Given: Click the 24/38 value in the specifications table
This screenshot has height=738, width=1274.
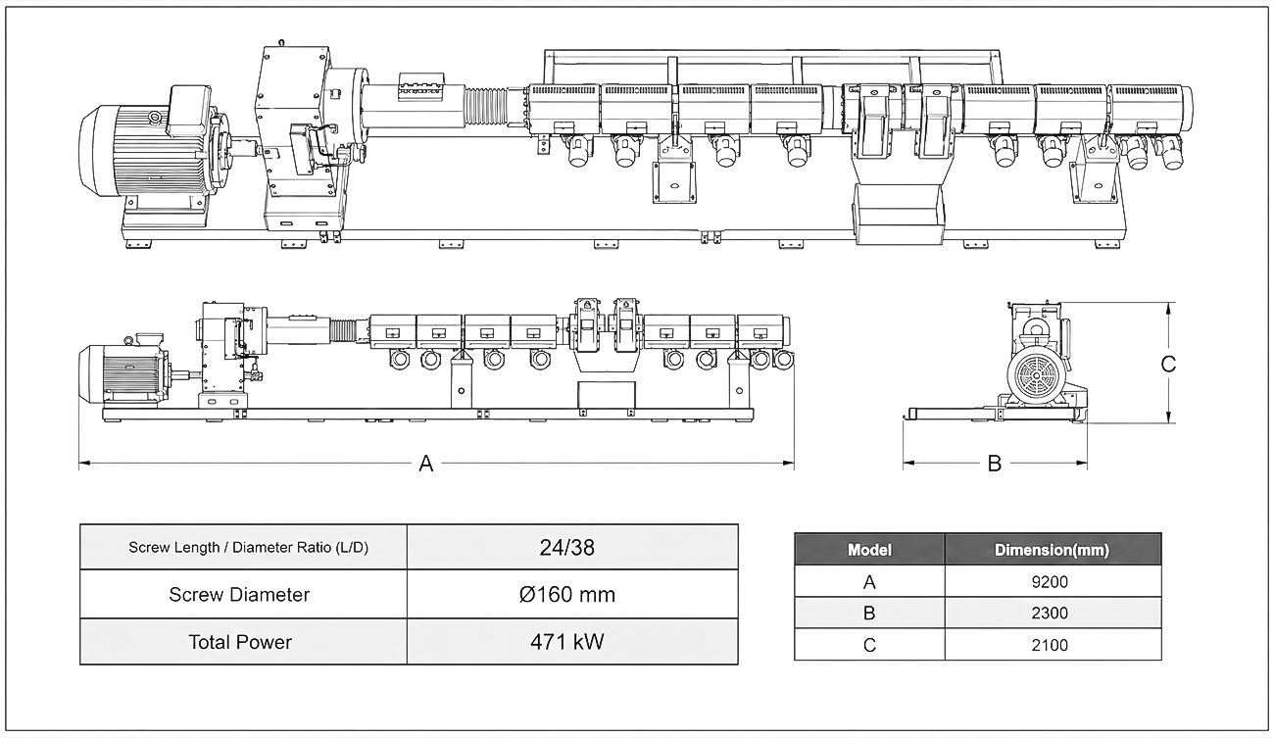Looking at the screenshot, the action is coord(567,548).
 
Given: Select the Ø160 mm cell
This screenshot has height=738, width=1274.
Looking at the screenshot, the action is coord(567,595).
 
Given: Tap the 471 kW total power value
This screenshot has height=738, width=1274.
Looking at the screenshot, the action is coord(567,642).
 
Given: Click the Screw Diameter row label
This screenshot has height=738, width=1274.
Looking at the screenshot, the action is coord(239,595).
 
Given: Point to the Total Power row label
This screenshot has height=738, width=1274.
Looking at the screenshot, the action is coord(240,642).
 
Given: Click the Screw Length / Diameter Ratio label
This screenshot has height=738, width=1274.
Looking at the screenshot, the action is coord(249,548).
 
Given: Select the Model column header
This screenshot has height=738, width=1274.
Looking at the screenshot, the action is coord(869,550).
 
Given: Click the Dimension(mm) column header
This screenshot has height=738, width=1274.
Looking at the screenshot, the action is coord(1052,550).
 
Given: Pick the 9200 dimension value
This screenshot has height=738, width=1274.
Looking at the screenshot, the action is coord(1050,582).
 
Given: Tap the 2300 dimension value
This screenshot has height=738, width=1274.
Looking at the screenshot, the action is coord(1050,613).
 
